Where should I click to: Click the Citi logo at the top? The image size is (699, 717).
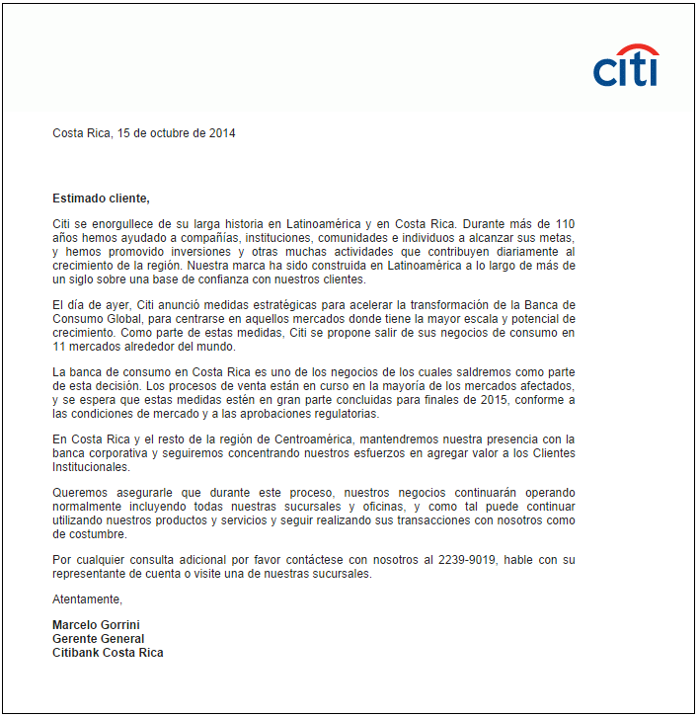(x=626, y=67)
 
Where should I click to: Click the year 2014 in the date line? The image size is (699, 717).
(x=221, y=133)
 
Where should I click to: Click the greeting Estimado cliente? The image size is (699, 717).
(x=101, y=198)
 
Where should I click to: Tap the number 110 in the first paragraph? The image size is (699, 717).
(x=565, y=224)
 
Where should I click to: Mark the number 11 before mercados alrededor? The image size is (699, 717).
(x=58, y=347)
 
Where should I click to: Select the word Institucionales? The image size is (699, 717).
(x=91, y=467)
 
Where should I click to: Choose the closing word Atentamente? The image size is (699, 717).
(x=88, y=599)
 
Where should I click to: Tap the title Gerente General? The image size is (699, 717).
(x=98, y=639)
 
